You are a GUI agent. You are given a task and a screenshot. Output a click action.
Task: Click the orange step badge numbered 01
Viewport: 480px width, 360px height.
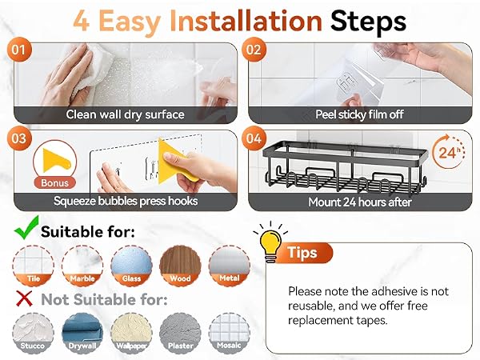[x=19, y=50]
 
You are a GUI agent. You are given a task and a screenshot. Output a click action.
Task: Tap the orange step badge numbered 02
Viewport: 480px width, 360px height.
[x=254, y=50]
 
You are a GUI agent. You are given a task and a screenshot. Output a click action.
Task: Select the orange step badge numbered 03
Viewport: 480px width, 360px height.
[x=19, y=138]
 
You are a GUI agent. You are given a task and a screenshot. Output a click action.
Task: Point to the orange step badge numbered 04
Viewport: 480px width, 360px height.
[x=254, y=138]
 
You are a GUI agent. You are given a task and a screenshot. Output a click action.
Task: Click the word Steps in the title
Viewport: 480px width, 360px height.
[x=368, y=22]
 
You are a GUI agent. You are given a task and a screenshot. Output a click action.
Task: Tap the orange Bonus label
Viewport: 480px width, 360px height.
[x=54, y=182]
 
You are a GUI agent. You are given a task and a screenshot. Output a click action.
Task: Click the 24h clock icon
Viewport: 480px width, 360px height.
[x=449, y=151]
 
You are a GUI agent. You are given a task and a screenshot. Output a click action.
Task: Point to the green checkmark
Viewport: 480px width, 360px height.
[x=27, y=228]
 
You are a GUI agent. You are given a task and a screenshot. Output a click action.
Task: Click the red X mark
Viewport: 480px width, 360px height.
[x=24, y=298]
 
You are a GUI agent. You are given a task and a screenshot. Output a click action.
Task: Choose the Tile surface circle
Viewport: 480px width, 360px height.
[x=34, y=266]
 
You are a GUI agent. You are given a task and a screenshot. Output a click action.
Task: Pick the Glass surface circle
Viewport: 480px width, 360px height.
[x=131, y=266]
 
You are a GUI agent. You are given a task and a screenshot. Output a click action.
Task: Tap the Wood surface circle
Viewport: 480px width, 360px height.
[x=180, y=266]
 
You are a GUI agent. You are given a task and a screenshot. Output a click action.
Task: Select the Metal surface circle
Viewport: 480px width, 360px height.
[x=230, y=266]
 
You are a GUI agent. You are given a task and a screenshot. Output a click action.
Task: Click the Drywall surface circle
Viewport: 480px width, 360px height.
[x=82, y=333]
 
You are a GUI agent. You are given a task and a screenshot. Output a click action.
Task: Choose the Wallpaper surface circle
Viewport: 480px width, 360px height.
[x=131, y=333]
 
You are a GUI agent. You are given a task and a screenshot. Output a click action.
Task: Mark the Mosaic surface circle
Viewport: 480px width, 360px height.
[x=230, y=333]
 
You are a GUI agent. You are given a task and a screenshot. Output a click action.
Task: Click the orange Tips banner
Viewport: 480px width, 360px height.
[x=303, y=253]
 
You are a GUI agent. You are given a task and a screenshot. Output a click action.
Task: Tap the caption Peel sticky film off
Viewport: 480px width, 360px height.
[x=359, y=114]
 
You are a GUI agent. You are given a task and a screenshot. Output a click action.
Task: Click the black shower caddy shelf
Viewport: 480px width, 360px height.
[x=345, y=168]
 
